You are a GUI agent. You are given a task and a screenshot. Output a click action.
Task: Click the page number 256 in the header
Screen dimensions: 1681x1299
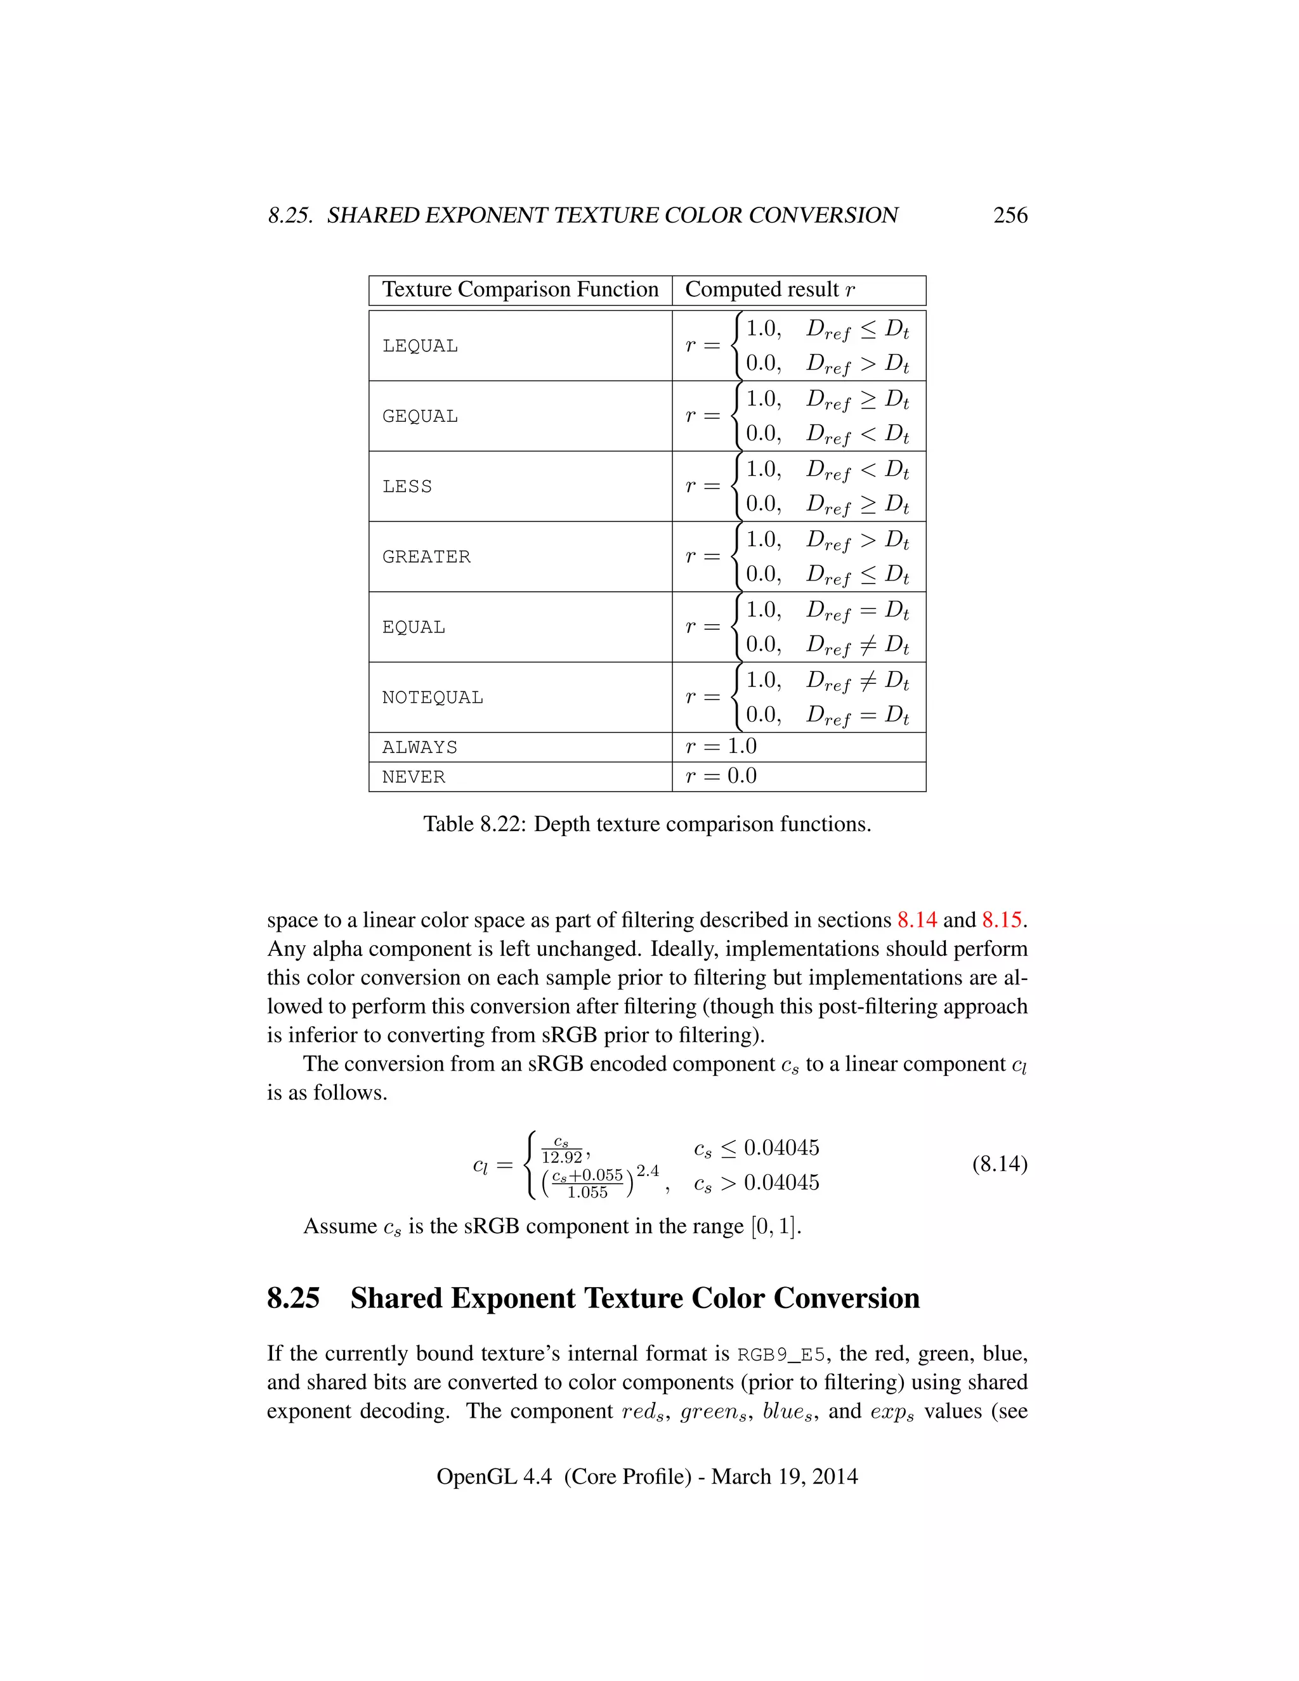pos(1010,216)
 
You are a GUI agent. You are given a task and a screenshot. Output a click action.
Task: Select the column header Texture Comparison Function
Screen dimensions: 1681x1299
pos(520,289)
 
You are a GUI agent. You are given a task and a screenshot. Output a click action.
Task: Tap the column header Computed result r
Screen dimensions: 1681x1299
pos(769,289)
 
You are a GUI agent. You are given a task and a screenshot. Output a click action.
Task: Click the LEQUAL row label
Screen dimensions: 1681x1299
pos(420,346)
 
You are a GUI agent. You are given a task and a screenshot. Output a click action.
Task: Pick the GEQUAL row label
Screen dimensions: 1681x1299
pos(420,416)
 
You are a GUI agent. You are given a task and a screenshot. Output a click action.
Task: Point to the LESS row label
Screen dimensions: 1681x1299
pos(407,487)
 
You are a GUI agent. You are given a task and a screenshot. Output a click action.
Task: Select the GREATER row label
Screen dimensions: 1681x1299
pos(426,556)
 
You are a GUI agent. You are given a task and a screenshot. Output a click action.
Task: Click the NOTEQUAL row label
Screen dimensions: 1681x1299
pos(433,697)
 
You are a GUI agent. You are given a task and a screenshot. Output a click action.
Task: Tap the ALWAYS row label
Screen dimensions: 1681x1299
pos(420,747)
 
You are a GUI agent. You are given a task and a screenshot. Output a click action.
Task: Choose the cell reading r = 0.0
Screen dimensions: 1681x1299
pos(721,776)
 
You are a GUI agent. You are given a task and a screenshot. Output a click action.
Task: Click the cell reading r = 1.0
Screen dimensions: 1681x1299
pos(721,747)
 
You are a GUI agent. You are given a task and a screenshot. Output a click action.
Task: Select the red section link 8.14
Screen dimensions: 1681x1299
pos(917,920)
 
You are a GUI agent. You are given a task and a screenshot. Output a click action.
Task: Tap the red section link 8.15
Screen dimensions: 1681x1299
pos(1001,920)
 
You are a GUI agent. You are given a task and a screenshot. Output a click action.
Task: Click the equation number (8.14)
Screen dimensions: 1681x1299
pos(1000,1164)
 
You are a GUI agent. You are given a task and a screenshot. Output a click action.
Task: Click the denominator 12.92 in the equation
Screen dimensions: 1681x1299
pos(562,1158)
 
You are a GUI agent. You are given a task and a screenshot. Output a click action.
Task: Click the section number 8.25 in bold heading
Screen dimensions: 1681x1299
pos(293,1298)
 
